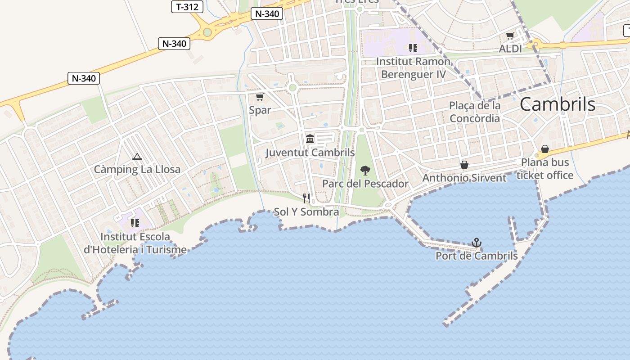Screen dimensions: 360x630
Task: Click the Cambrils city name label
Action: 558,104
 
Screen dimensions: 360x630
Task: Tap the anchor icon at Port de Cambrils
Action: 477,243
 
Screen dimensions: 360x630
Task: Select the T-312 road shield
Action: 187,7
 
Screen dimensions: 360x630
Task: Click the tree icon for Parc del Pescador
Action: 365,171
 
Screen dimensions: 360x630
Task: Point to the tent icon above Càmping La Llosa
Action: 137,157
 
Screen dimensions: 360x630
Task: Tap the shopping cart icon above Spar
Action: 260,97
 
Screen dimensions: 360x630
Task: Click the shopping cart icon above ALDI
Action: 510,36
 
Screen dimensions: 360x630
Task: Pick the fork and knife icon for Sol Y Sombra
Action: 306,198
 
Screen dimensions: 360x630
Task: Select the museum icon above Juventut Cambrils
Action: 310,139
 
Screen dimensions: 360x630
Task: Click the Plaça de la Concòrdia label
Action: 475,112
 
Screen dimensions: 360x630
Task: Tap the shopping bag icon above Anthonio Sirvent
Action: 464,165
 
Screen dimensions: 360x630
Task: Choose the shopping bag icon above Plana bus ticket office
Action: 545,149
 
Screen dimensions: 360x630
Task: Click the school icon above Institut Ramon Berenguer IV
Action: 413,48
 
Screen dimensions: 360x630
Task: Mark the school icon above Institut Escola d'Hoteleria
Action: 135,223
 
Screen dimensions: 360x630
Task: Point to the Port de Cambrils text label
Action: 477,256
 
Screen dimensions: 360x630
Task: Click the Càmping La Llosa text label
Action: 137,170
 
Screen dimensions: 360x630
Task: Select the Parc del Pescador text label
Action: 365,184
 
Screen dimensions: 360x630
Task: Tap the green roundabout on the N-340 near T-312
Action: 207,32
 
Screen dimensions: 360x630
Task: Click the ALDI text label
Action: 510,49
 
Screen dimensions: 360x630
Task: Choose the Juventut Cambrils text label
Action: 310,153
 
